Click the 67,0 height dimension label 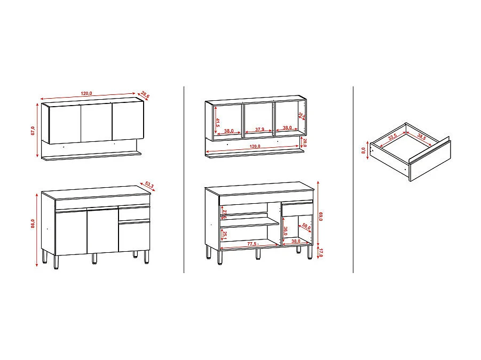click(x=33, y=131)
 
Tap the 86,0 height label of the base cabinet click(x=33, y=224)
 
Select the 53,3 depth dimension click(x=149, y=186)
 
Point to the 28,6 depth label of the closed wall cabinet click(x=145, y=95)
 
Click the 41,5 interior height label click(x=218, y=122)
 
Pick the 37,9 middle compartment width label click(x=259, y=130)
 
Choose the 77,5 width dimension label click(x=253, y=243)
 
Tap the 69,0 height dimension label click(x=321, y=216)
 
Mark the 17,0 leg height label click(x=321, y=252)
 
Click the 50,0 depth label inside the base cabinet click(x=306, y=226)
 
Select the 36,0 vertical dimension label click(x=286, y=231)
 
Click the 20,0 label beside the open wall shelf click(x=304, y=142)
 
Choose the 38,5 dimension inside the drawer click(x=422, y=137)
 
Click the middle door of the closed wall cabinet click(x=96, y=123)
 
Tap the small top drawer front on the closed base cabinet click(x=134, y=214)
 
